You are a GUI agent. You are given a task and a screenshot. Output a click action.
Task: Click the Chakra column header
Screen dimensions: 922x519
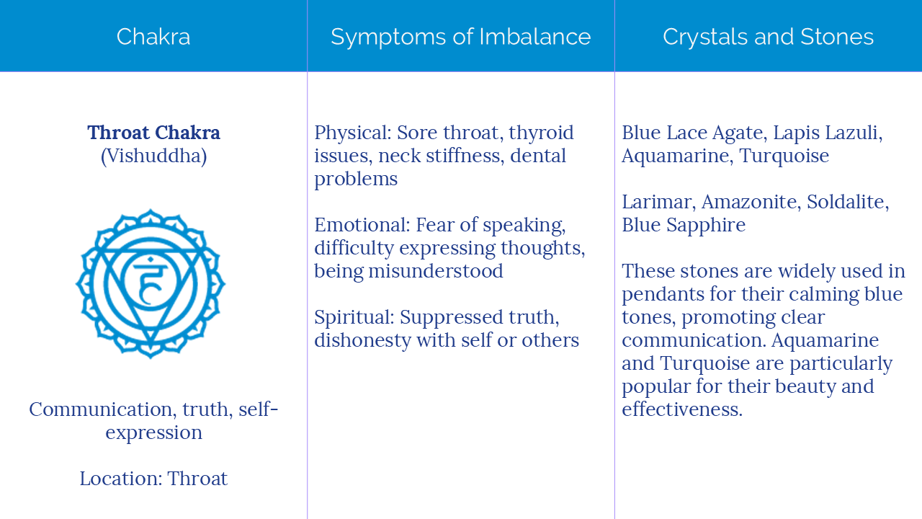(153, 37)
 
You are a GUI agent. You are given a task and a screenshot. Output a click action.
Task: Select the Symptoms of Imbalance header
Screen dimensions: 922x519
(461, 37)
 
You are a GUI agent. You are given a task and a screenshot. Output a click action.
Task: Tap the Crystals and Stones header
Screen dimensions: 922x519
(768, 37)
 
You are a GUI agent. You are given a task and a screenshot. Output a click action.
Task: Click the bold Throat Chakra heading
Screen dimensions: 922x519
(153, 133)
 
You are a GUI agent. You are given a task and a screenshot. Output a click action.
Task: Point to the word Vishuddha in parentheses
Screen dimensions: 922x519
(153, 156)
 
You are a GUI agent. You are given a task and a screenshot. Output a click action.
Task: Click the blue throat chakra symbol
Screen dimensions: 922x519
(151, 283)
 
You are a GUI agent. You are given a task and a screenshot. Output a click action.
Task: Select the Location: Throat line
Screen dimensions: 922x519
(153, 479)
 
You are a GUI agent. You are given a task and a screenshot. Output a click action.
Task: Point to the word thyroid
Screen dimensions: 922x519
(541, 133)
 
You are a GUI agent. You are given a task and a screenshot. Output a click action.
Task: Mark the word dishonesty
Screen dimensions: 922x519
(364, 340)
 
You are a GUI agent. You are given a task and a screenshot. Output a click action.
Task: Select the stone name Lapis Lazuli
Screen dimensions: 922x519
(828, 133)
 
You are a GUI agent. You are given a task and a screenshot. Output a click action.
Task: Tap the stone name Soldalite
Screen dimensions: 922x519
(848, 202)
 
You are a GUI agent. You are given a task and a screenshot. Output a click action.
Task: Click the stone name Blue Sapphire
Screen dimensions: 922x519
(684, 225)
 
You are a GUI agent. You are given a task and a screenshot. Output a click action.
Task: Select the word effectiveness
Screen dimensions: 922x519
(682, 409)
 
